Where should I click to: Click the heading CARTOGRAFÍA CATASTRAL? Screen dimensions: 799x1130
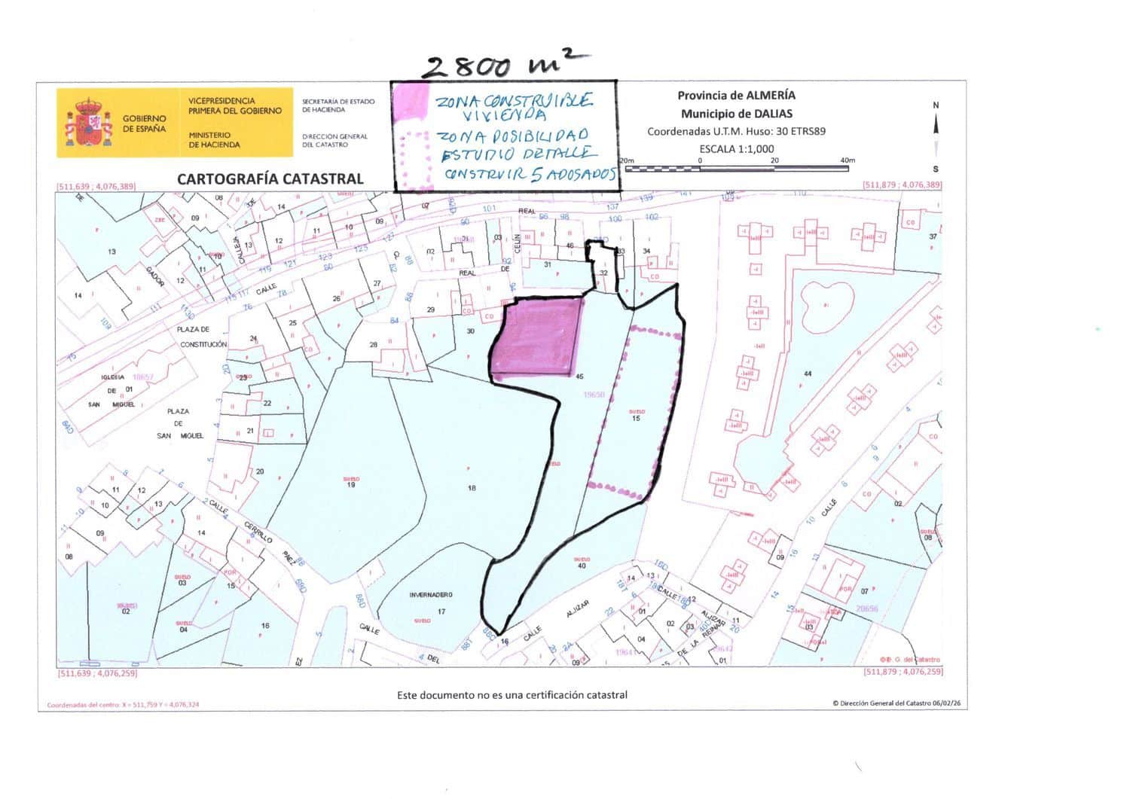pyautogui.click(x=270, y=178)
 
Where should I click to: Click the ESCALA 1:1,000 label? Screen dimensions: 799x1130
pyautogui.click(x=736, y=148)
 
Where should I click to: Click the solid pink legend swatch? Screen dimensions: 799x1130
pyautogui.click(x=411, y=102)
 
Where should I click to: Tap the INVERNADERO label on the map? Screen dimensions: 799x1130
pyautogui.click(x=431, y=595)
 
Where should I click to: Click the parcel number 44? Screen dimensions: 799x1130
pyautogui.click(x=808, y=374)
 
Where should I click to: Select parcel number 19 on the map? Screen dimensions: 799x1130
pyautogui.click(x=351, y=485)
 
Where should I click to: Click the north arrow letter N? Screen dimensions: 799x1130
pyautogui.click(x=936, y=105)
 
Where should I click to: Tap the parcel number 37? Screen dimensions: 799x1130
pyautogui.click(x=933, y=236)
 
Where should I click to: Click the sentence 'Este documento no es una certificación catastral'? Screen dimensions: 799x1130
pyautogui.click(x=512, y=695)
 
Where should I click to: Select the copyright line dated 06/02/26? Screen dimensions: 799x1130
pyautogui.click(x=896, y=703)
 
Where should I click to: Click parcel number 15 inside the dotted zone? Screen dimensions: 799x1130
pyautogui.click(x=636, y=419)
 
